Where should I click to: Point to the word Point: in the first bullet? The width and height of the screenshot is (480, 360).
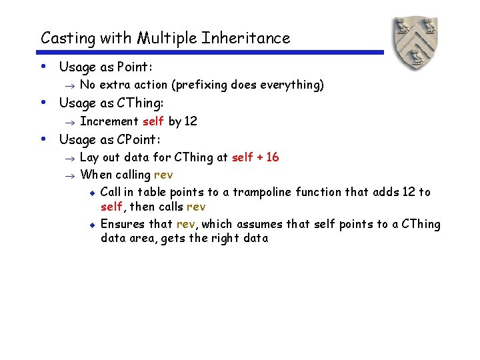[135, 67]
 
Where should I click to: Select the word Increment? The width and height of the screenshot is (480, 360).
[109, 121]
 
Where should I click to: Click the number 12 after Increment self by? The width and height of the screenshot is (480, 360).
[191, 121]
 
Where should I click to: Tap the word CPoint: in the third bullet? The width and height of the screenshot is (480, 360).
[139, 139]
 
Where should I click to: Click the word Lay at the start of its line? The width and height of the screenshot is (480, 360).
[88, 157]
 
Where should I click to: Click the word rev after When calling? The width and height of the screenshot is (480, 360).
[163, 175]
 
